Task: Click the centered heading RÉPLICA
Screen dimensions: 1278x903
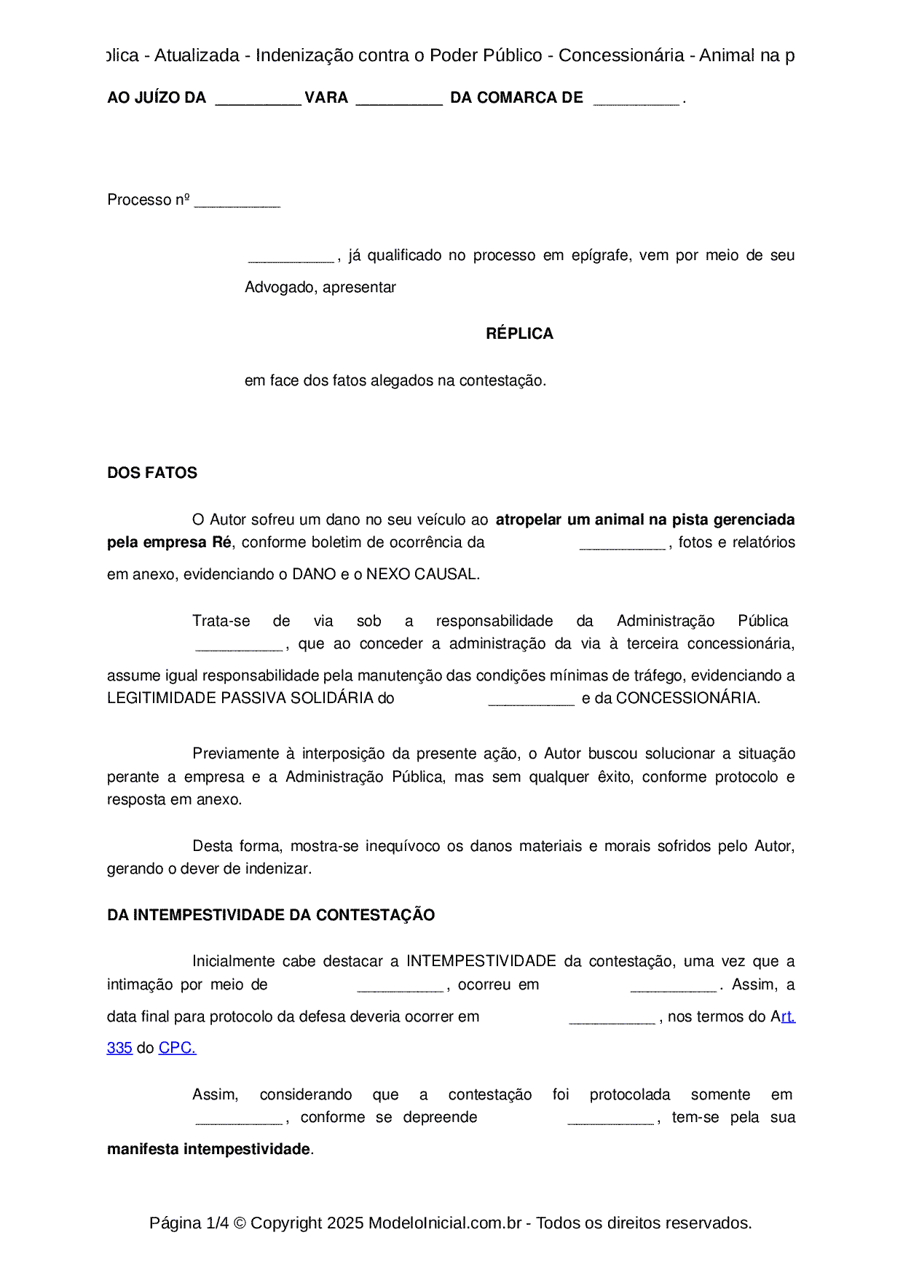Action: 519,334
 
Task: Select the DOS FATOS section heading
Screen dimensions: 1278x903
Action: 152,473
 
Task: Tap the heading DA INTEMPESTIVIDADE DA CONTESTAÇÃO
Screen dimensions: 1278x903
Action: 271,915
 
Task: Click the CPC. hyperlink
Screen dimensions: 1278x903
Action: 177,1048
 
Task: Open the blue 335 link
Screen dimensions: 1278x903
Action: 119,1048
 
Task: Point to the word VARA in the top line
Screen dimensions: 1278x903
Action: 326,98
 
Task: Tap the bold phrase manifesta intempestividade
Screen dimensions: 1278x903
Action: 209,1149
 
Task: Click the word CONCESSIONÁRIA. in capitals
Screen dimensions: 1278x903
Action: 688,698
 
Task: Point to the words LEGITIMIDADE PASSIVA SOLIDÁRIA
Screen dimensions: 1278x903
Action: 240,698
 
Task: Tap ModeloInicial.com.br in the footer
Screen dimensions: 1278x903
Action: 445,1223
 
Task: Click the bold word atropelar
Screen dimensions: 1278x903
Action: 529,520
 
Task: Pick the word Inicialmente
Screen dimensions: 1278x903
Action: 234,961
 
